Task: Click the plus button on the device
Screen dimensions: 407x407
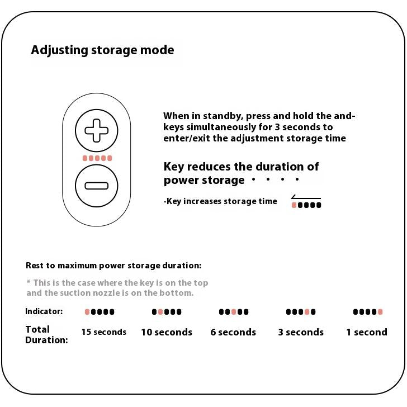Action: tap(97, 131)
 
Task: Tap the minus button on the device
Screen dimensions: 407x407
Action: tap(97, 186)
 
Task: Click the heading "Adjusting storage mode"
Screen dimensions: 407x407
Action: tap(102, 50)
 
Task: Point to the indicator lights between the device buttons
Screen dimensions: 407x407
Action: tap(97, 158)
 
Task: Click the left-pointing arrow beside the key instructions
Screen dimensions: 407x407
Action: tap(305, 198)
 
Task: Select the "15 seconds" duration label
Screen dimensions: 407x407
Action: tap(104, 332)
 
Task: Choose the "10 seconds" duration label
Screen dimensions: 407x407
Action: tap(167, 332)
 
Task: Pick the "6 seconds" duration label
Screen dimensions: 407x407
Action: tap(233, 332)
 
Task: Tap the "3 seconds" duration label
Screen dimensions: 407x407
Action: tap(301, 332)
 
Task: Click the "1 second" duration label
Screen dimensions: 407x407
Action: tap(367, 332)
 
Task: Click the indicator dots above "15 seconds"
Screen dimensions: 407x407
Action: tap(100, 312)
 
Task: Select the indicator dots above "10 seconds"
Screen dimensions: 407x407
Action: tap(167, 312)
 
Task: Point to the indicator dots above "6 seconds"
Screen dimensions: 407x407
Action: tap(234, 312)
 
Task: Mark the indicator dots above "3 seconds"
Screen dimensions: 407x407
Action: tap(301, 312)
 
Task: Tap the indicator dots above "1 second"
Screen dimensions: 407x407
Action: tap(368, 312)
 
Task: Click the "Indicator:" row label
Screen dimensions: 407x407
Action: tap(44, 311)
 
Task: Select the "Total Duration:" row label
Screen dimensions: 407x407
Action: tap(46, 334)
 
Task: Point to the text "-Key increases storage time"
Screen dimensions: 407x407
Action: tap(220, 201)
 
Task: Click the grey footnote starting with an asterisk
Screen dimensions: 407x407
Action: tap(117, 288)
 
